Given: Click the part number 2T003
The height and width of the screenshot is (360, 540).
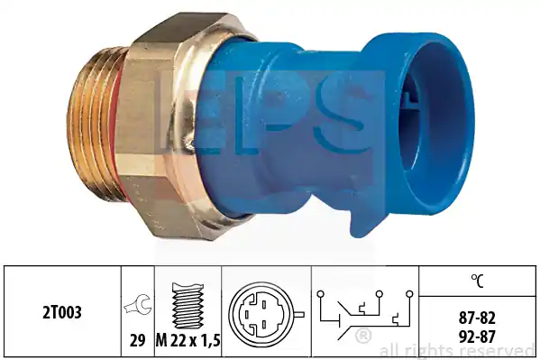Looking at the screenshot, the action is click(x=62, y=312).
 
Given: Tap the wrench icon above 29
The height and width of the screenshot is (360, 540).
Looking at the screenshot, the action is click(x=137, y=304).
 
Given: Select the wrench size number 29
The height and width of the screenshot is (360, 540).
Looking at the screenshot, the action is click(x=137, y=341).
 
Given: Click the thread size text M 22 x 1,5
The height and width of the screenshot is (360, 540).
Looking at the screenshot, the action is click(x=188, y=341).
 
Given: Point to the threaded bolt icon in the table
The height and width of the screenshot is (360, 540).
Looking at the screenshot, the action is click(x=188, y=306).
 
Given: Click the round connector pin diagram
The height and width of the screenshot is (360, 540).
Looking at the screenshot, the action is click(x=262, y=314).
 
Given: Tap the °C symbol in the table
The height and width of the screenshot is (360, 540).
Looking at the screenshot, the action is click(x=477, y=281).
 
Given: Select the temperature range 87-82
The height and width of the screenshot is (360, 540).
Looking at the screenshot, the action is click(x=477, y=318).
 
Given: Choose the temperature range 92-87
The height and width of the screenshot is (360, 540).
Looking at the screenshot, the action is click(x=477, y=337).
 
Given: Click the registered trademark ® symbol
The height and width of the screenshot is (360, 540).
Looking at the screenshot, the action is click(x=363, y=336).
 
